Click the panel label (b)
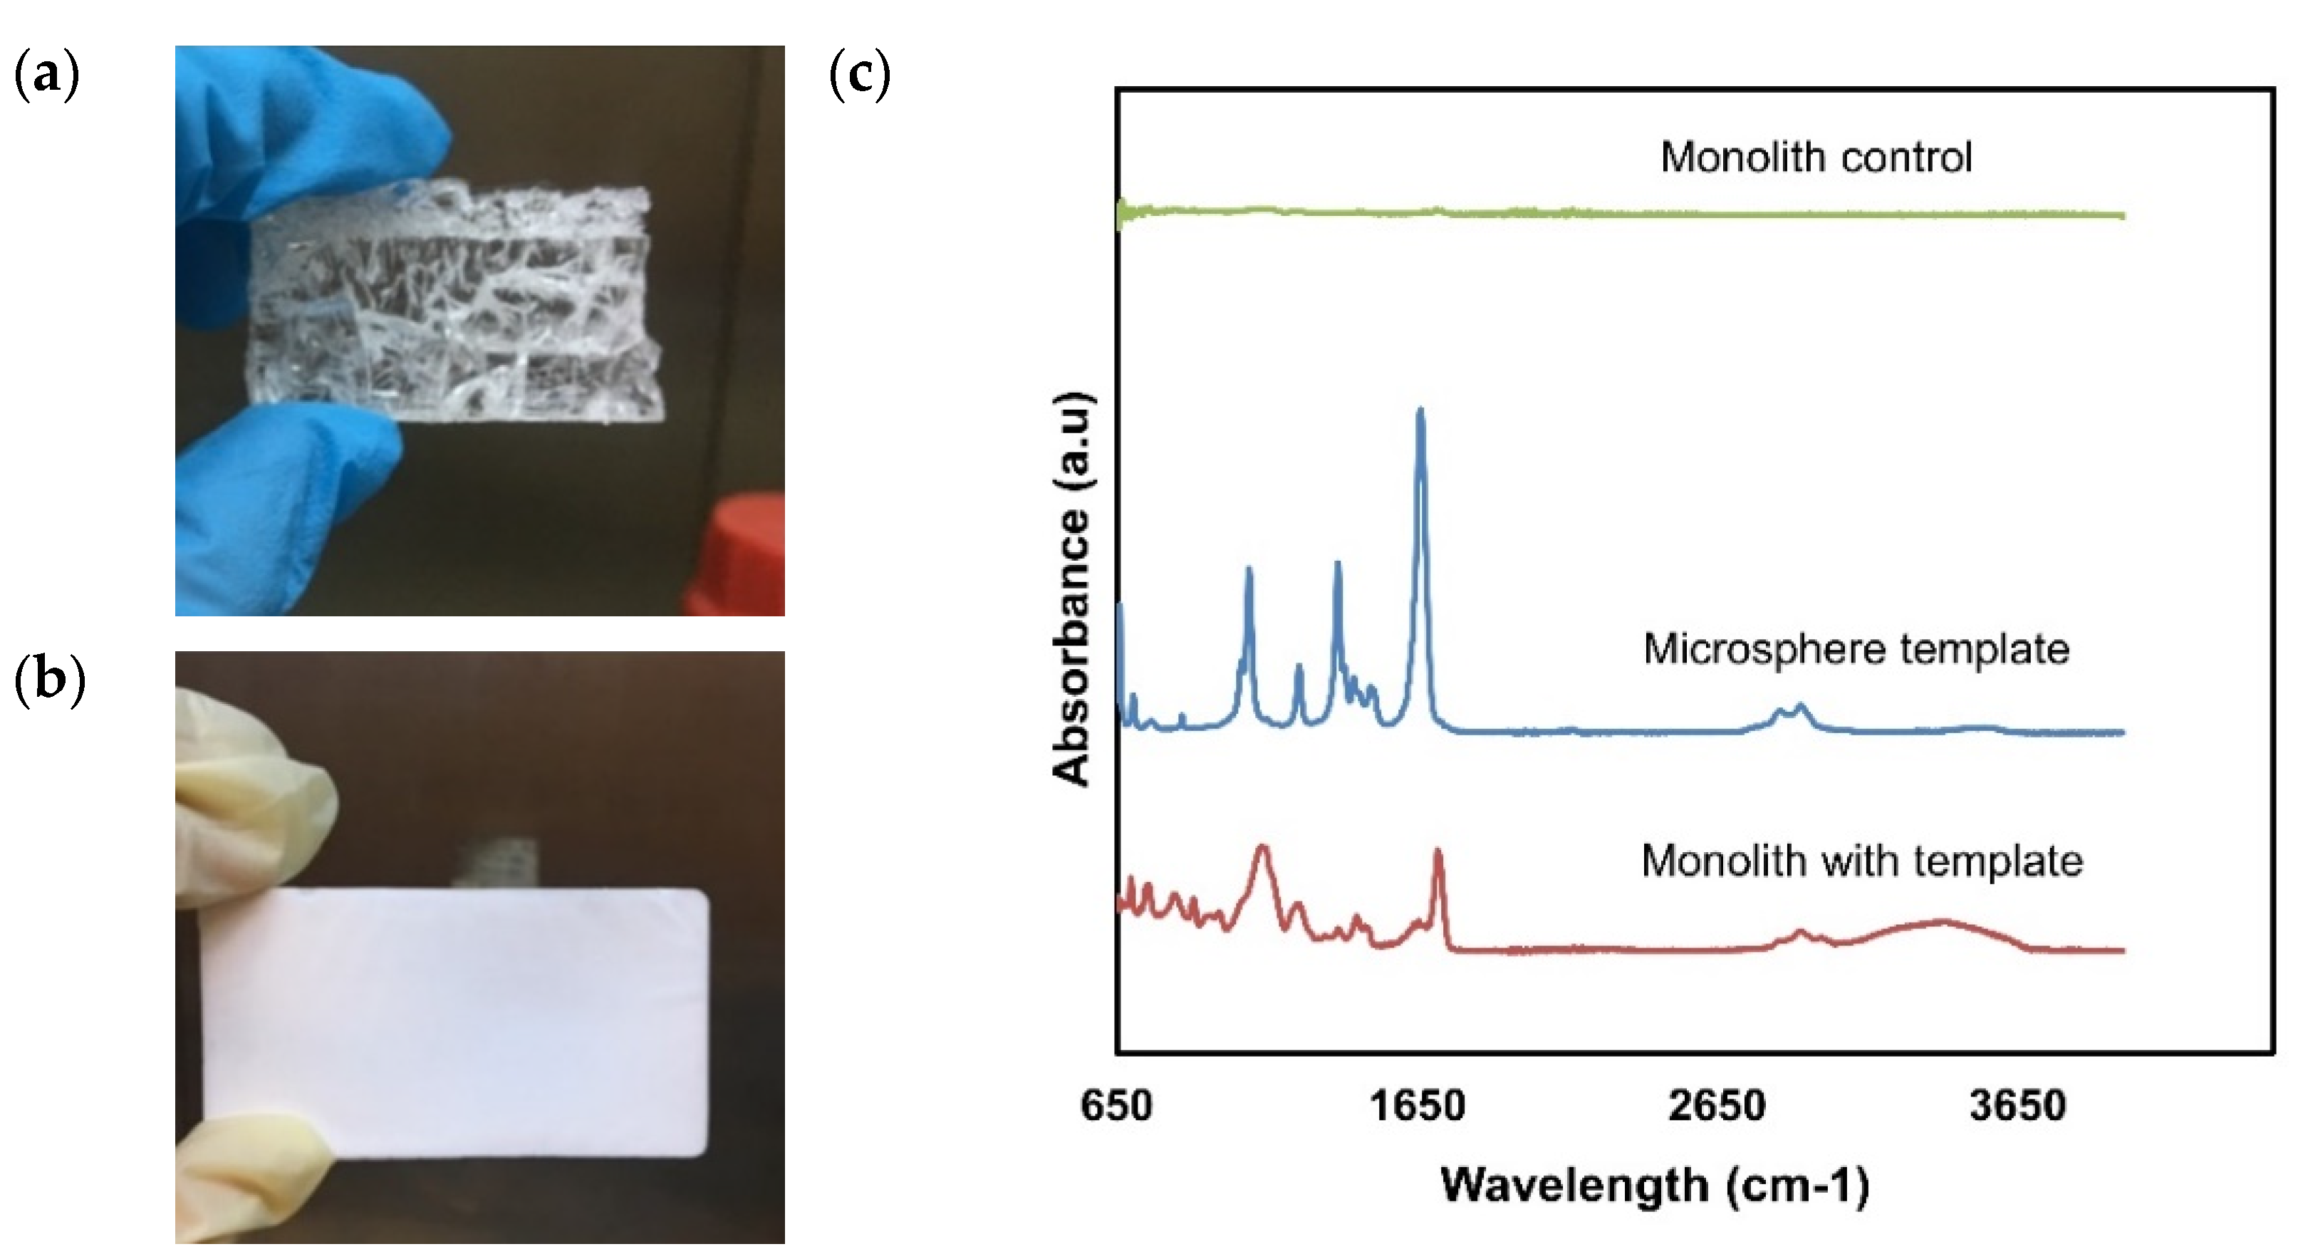click(x=49, y=680)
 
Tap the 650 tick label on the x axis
click(x=1116, y=1106)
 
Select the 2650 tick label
click(x=1717, y=1106)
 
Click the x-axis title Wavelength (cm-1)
click(x=1655, y=1186)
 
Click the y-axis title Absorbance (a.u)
click(x=1072, y=590)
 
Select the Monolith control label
click(x=1816, y=157)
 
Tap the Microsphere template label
click(x=1856, y=649)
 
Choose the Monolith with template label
click(x=1862, y=861)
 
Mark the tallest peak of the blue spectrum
click(x=1420, y=411)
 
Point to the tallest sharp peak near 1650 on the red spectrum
click(x=1438, y=852)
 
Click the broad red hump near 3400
click(x=1940, y=921)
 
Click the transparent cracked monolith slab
click(x=456, y=304)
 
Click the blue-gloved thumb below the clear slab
click(x=286, y=483)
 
